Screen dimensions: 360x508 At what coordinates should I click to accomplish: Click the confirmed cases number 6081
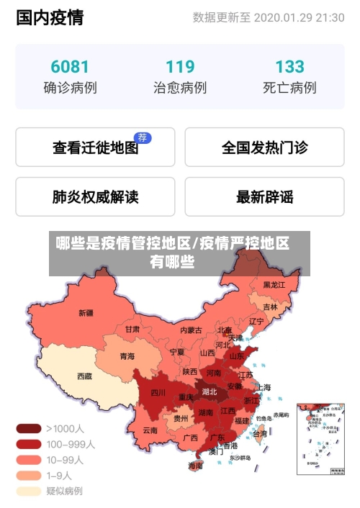70,67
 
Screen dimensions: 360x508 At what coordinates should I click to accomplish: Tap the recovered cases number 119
180,67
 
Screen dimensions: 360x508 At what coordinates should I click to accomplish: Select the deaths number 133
289,67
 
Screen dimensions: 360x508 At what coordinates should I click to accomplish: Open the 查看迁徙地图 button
95,148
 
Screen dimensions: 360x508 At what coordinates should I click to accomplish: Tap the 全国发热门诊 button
264,148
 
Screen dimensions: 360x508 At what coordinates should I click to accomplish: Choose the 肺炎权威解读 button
95,196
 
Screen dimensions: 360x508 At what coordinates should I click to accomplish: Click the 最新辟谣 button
264,196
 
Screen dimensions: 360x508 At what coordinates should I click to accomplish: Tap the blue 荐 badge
143,137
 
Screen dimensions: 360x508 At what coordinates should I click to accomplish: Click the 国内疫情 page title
50,17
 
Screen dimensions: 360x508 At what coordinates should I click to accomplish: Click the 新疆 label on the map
86,313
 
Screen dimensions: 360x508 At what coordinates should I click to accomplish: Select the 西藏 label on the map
84,376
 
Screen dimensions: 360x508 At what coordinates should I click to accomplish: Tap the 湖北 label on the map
210,392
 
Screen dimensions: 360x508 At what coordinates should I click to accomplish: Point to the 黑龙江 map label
274,285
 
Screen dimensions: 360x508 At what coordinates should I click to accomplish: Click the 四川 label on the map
158,393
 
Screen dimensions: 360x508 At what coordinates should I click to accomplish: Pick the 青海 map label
127,356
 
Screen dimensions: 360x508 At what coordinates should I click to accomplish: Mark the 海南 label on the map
195,466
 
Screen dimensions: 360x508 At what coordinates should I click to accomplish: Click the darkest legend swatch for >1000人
29,428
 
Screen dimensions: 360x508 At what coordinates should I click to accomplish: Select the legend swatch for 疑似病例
29,491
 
